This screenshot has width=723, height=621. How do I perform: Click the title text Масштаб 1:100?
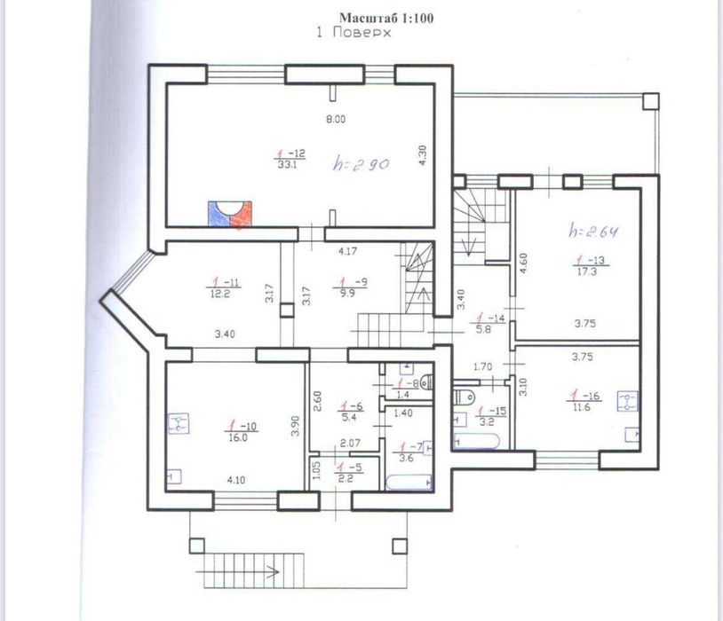click(386, 17)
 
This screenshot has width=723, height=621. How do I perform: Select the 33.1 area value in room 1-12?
click(286, 164)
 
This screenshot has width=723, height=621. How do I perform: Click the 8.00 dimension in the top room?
click(336, 119)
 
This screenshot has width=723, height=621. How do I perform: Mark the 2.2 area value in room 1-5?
click(343, 477)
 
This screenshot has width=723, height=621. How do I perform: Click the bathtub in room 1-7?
click(409, 483)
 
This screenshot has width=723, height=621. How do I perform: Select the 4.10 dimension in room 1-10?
click(235, 480)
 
